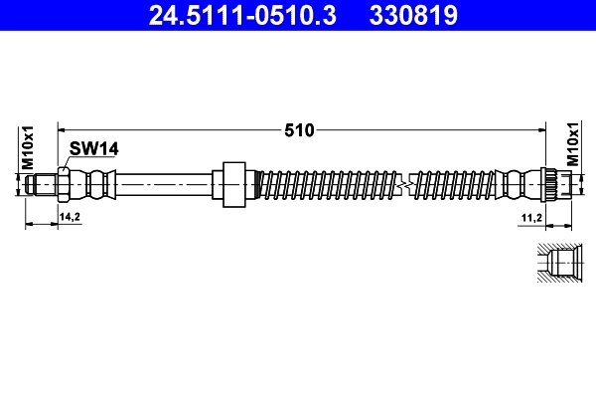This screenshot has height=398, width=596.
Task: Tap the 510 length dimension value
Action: click(x=299, y=129)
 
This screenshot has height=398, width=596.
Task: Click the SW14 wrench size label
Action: click(x=94, y=148)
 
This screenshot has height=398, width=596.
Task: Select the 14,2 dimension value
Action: click(x=70, y=216)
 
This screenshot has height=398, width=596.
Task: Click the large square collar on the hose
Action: click(x=232, y=185)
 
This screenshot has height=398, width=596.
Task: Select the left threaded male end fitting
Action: click(x=41, y=185)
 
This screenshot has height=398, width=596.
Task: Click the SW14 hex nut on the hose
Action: click(x=64, y=185)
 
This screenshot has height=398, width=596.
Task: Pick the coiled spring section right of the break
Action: click(x=457, y=185)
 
